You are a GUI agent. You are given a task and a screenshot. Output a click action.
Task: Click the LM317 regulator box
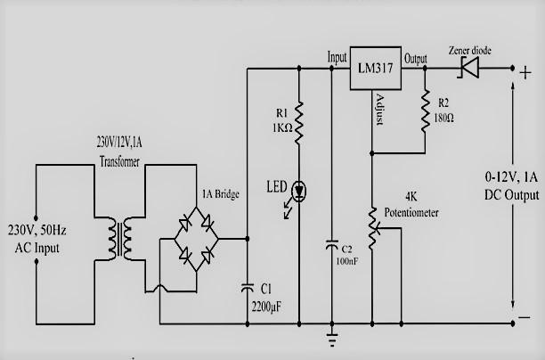coord(375,67)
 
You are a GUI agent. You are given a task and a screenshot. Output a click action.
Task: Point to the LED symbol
coord(299,190)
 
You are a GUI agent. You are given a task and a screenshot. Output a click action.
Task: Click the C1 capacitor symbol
coord(247,288)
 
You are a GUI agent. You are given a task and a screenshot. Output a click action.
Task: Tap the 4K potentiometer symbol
coord(371,218)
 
